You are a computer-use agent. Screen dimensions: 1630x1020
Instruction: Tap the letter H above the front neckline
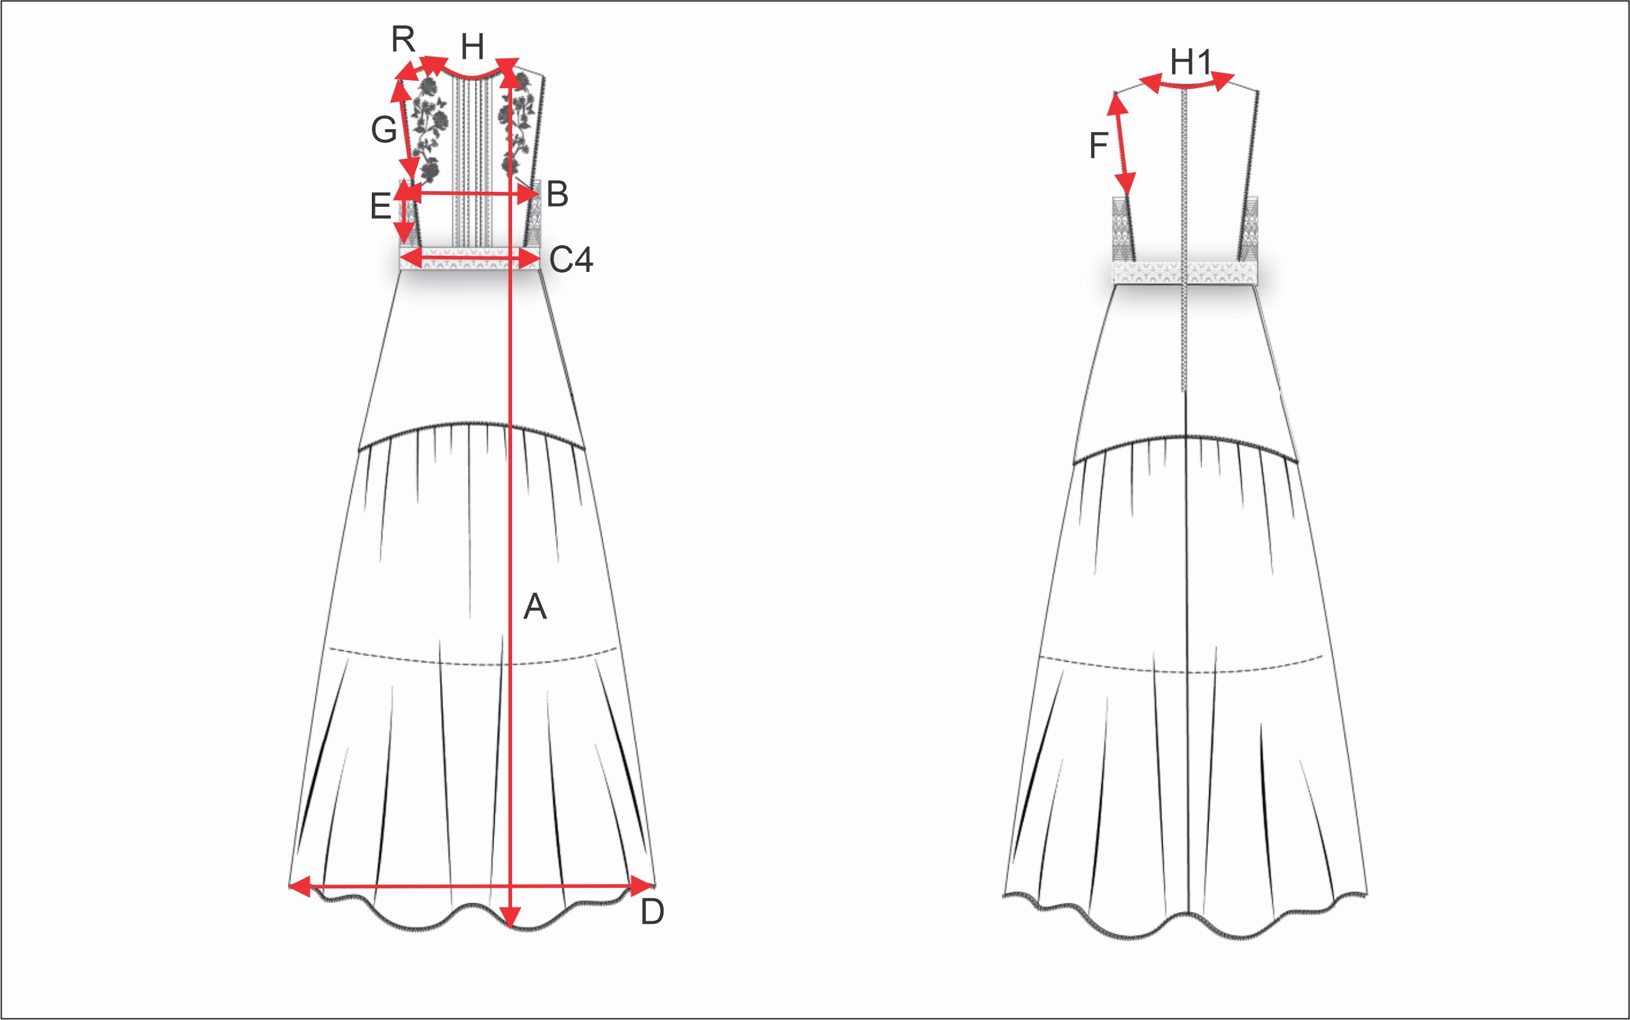473,48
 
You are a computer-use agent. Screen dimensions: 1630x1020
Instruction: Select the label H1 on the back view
1191,63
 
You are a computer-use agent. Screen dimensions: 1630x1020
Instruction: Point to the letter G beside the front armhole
384,130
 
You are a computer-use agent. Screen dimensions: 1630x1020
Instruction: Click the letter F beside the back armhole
1099,146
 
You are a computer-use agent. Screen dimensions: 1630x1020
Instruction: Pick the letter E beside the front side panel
380,207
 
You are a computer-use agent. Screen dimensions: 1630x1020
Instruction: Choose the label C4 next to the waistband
571,260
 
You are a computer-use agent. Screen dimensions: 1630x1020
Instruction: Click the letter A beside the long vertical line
535,607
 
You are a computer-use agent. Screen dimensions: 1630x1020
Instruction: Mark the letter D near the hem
652,913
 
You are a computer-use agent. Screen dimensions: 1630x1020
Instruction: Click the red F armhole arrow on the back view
1121,145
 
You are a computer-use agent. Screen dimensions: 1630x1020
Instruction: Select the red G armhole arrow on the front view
406,128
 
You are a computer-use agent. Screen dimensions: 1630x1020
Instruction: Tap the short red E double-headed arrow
405,212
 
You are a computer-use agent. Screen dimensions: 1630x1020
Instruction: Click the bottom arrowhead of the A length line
512,918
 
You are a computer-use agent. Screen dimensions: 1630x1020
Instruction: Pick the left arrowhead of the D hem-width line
299,886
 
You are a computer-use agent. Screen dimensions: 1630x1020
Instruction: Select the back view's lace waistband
1185,273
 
